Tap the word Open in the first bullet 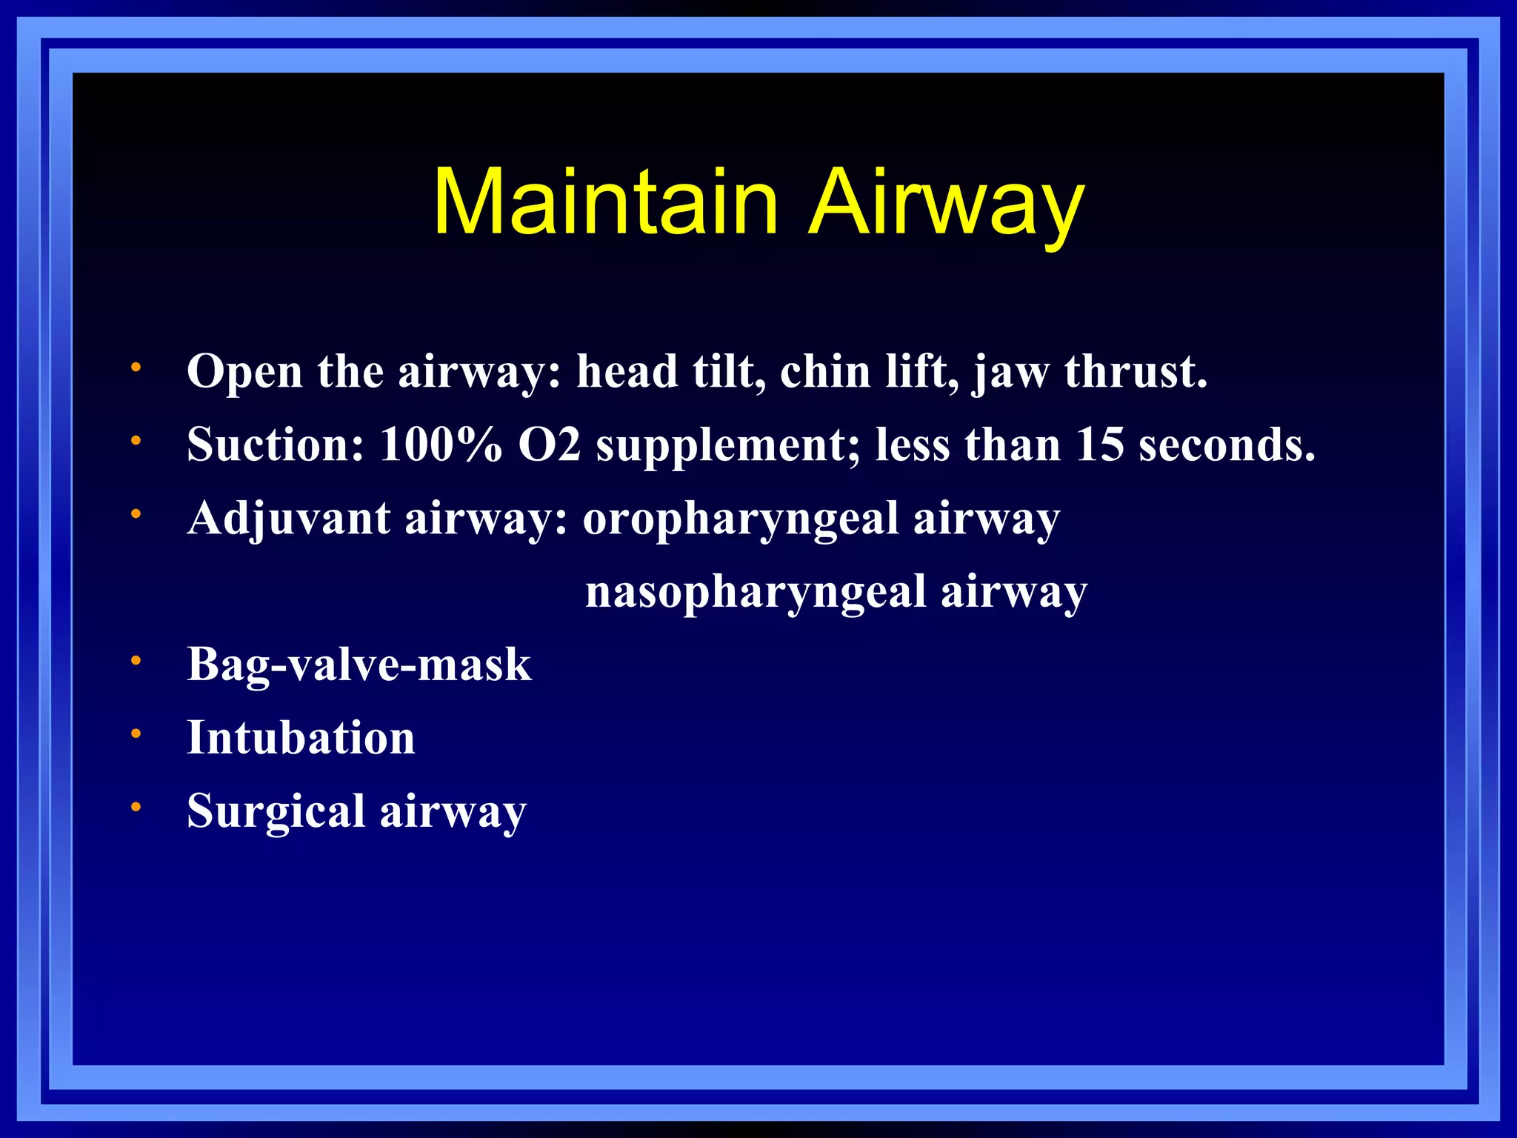[244, 371]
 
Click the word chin [825, 371]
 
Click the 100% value [440, 445]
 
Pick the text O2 [549, 445]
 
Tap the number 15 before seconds [1099, 445]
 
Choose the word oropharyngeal [740, 519]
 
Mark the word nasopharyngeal [756, 592]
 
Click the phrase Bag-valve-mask [359, 664]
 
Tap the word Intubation [301, 738]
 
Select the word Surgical [276, 811]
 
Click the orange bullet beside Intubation [136, 733]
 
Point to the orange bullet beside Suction [136, 440]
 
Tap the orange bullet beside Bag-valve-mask [136, 660]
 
